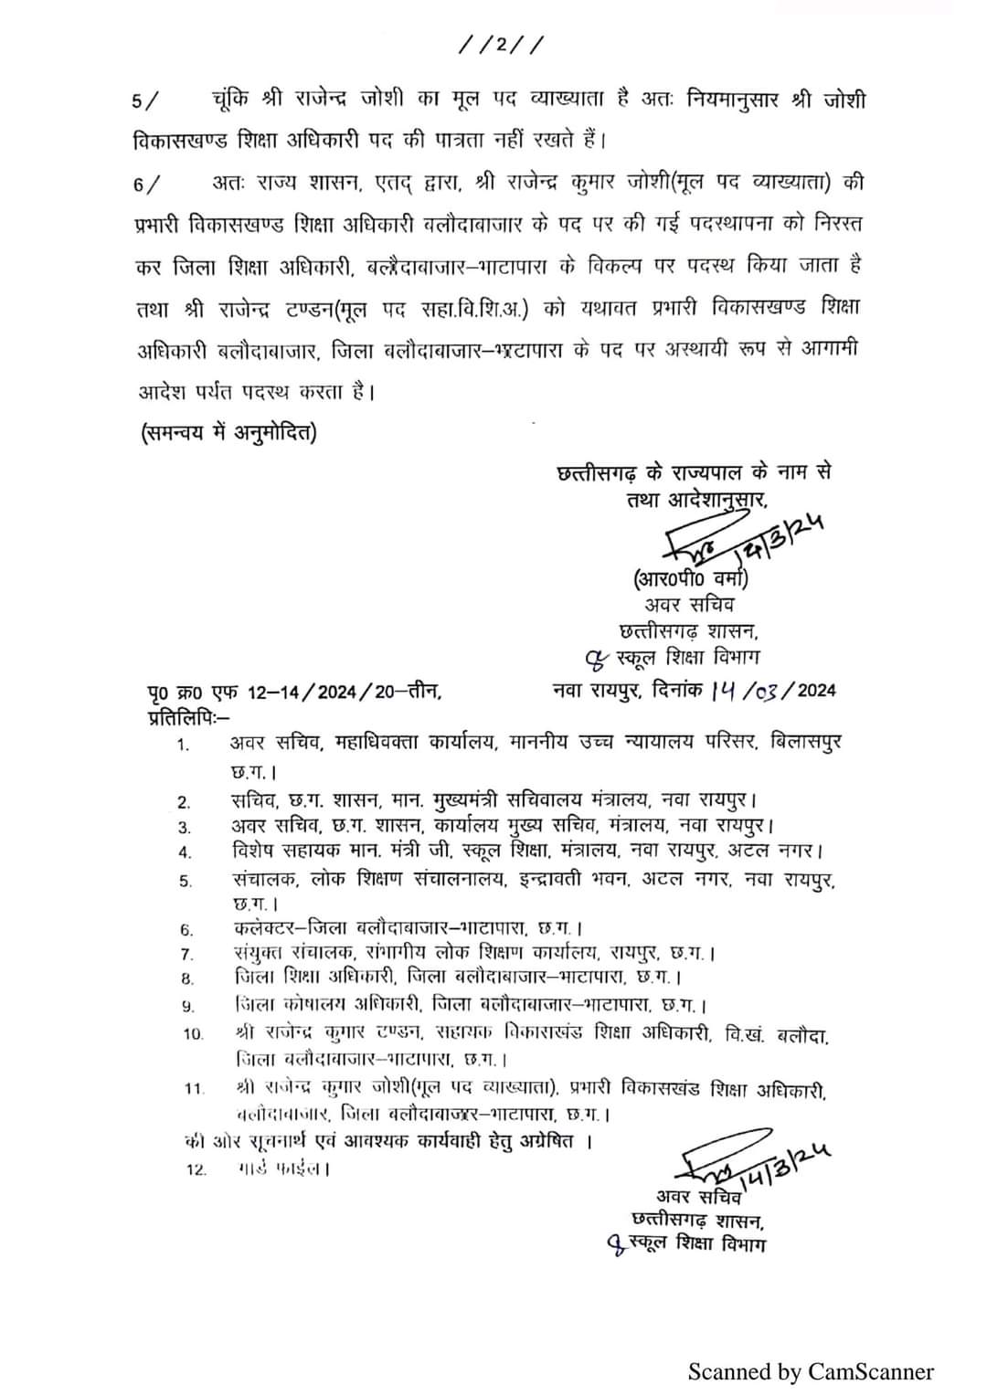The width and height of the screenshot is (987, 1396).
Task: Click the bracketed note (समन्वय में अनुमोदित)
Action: point(228,432)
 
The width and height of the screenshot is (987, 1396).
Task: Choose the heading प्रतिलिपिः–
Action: point(189,714)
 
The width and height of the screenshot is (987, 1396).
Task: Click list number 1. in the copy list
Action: point(184,745)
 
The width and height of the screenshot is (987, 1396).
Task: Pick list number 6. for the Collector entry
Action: point(186,930)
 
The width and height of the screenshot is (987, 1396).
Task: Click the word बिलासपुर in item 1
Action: point(803,741)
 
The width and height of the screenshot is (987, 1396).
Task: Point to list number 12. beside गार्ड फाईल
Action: point(196,1169)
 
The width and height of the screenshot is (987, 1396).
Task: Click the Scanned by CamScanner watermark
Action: point(811,1371)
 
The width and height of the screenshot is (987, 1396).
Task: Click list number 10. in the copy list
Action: point(193,1034)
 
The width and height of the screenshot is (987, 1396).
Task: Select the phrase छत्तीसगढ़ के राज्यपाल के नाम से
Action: point(695,473)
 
